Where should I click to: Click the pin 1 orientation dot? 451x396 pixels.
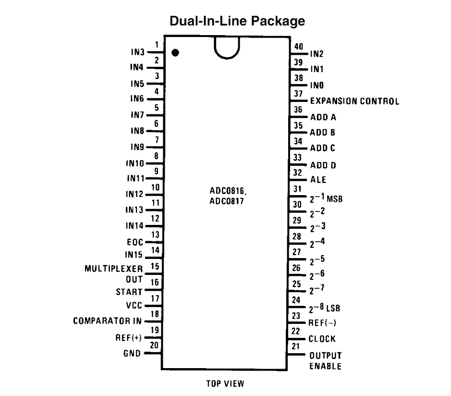click(175, 52)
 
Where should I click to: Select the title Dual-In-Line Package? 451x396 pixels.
click(237, 21)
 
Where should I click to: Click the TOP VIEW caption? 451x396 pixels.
click(225, 384)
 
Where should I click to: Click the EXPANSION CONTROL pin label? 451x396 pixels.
click(354, 101)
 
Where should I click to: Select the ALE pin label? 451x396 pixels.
click(318, 180)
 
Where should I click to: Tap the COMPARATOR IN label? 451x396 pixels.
click(108, 321)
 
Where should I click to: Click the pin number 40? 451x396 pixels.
click(299, 47)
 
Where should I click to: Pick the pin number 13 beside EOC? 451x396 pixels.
click(156, 235)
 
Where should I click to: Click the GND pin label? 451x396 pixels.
click(132, 354)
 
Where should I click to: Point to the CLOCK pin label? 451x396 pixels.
click(322, 339)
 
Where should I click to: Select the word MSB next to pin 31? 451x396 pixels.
click(335, 198)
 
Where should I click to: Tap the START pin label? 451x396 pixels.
click(129, 292)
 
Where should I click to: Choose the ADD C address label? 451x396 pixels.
click(323, 148)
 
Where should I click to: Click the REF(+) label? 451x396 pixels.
click(129, 338)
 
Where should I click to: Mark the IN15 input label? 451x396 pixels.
click(134, 255)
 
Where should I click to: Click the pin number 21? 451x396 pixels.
click(295, 346)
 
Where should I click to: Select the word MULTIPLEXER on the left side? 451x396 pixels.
click(114, 269)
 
